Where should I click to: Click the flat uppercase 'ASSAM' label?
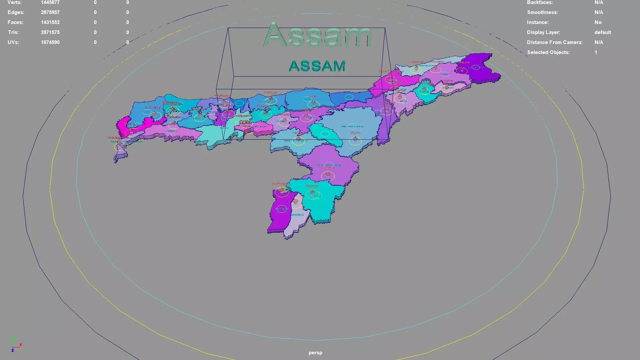[317, 66]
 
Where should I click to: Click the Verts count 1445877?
[50, 2]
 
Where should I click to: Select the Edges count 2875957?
[50, 12]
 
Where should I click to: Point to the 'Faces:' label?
[15, 22]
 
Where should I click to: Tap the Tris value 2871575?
[50, 32]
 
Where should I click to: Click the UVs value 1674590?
[50, 42]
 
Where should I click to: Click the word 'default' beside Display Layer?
[603, 32]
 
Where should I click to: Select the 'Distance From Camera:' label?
[555, 42]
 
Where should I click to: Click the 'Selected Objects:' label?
[548, 52]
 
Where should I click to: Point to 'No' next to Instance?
[598, 22]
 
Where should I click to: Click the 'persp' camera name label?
[315, 353]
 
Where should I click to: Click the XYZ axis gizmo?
[15, 345]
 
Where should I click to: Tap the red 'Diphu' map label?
[355, 133]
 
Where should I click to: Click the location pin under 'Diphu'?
[355, 139]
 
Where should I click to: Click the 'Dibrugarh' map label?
[437, 62]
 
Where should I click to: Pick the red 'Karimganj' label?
[281, 184]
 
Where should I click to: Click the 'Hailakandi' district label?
[298, 215]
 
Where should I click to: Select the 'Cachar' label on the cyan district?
[312, 186]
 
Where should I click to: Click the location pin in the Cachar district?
[312, 192]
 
